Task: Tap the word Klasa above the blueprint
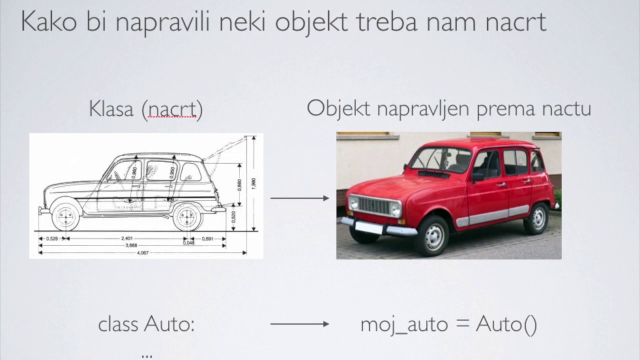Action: (x=111, y=109)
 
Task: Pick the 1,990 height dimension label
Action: (x=254, y=183)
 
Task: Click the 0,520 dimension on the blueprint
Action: (x=233, y=216)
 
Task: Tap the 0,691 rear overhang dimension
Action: (x=207, y=238)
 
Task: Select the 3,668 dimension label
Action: (x=131, y=245)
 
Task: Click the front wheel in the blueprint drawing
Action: (x=65, y=216)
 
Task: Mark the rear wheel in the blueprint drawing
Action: (x=186, y=216)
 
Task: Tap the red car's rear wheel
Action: (x=536, y=218)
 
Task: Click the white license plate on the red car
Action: (x=368, y=227)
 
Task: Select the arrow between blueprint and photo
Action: (x=299, y=198)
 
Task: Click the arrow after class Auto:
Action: (x=299, y=324)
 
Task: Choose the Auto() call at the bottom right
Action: (x=506, y=324)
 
